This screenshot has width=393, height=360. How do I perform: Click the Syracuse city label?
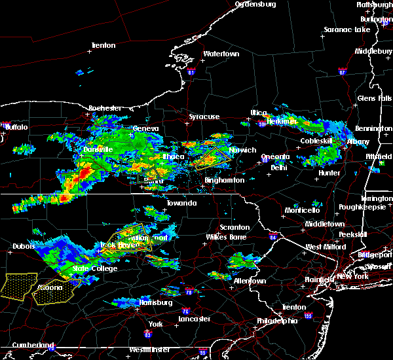click(204, 117)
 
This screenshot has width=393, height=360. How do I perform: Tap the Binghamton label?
click(225, 180)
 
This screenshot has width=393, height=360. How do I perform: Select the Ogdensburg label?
click(255, 4)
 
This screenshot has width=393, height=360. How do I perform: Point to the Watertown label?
click(222, 54)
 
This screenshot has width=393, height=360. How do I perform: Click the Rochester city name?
click(104, 107)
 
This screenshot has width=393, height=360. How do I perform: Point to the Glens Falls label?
click(375, 98)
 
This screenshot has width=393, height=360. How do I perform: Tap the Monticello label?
click(301, 210)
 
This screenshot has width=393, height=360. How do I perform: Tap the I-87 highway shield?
click(341, 69)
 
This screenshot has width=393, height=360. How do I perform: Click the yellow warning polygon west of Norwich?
click(211, 159)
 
